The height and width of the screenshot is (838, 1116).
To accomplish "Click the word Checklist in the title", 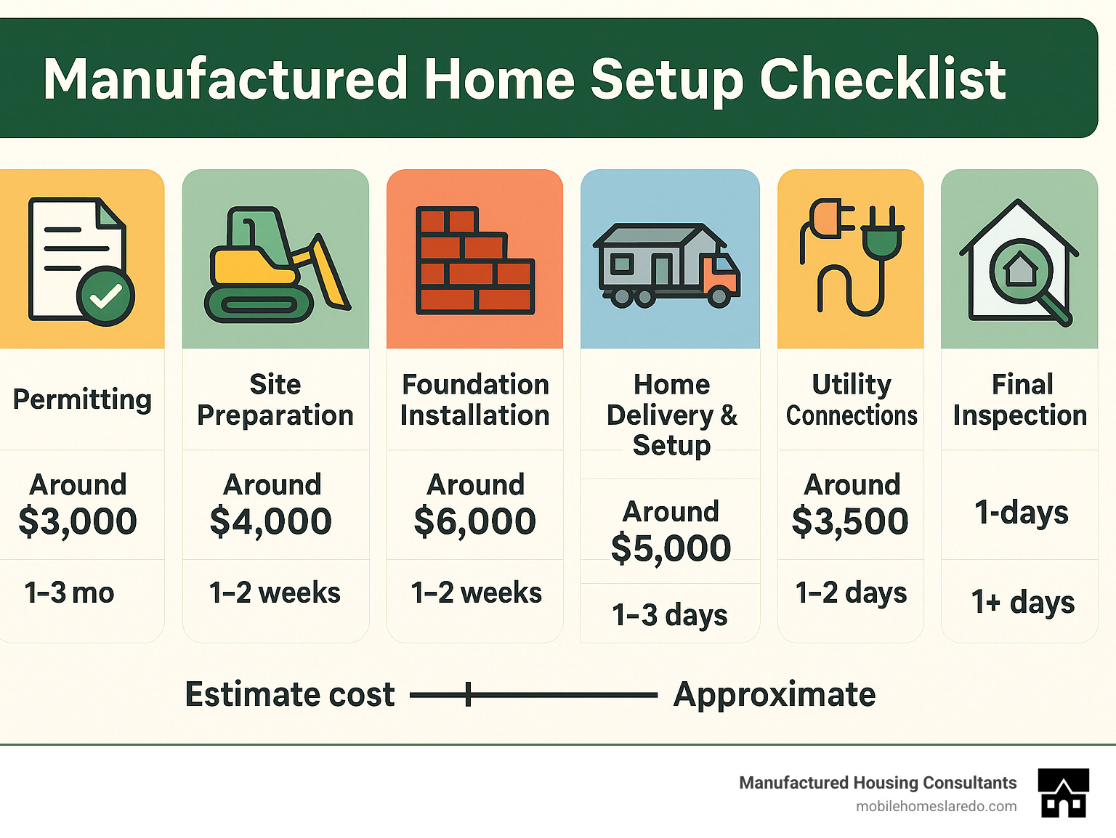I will click(882, 79).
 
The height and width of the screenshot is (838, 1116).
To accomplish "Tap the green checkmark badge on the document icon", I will click(106, 296).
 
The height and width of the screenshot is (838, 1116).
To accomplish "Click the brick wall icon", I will click(474, 261).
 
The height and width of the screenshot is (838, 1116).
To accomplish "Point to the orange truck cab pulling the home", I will click(720, 277).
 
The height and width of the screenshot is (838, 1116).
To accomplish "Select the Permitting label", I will click(82, 399).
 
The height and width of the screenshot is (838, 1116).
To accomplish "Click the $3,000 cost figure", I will click(78, 521).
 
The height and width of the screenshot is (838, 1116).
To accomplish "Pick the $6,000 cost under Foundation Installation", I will click(474, 521).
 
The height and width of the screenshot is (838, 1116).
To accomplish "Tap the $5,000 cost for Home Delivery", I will click(671, 548).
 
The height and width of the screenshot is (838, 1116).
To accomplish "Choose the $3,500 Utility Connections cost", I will click(850, 521).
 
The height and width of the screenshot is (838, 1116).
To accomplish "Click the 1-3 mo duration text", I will click(70, 593).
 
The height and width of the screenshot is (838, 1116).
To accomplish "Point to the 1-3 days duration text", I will click(669, 615).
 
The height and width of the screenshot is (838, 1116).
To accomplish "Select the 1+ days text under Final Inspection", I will click(1023, 602).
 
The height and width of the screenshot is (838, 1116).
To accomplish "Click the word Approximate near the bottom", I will click(775, 695).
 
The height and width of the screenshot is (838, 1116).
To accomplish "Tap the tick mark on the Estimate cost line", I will click(469, 694).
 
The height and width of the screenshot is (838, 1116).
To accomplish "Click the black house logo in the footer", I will click(1064, 793).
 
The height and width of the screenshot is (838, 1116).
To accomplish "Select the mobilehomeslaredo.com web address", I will click(936, 806).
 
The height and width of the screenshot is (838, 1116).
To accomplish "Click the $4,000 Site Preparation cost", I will click(271, 521).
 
